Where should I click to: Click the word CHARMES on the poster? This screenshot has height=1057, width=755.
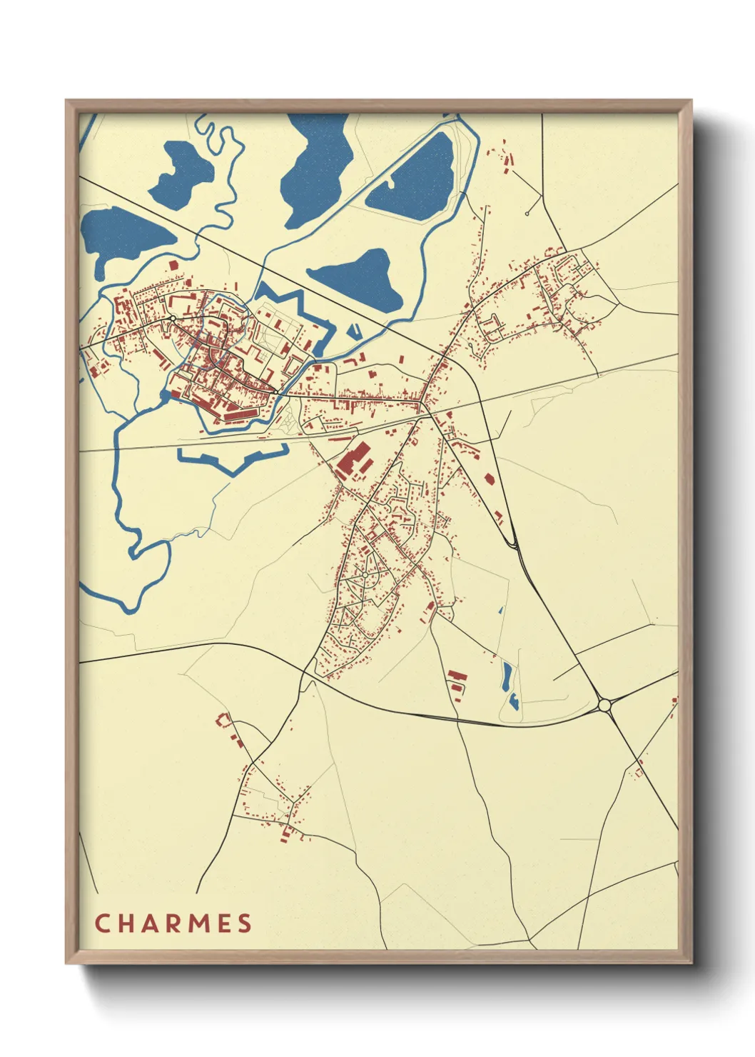(173, 923)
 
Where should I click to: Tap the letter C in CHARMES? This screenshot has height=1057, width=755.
(102, 923)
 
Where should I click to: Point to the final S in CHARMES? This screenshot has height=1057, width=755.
(245, 923)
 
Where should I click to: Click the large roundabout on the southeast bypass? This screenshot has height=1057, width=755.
(605, 705)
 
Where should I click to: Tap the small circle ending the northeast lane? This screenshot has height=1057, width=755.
(527, 214)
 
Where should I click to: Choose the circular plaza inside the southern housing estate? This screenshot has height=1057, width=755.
(365, 575)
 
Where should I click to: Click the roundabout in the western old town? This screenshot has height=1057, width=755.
(173, 318)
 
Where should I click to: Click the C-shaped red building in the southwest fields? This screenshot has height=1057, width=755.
(223, 720)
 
